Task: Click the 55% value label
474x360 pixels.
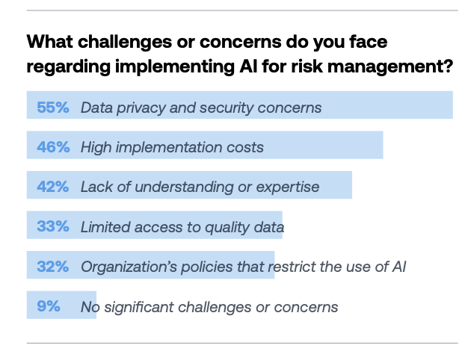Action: point(52,108)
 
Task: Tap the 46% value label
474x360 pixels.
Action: point(52,147)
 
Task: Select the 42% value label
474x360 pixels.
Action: point(52,187)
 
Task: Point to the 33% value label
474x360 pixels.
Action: point(52,227)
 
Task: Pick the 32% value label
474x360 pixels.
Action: point(52,267)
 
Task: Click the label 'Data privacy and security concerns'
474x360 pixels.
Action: point(201,108)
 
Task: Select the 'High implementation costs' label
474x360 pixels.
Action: point(172,147)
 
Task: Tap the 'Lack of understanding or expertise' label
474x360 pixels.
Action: point(200,187)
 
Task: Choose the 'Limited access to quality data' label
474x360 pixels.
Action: point(182,227)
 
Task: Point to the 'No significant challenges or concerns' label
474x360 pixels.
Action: point(209,306)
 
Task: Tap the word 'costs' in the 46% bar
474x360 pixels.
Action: point(244,147)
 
